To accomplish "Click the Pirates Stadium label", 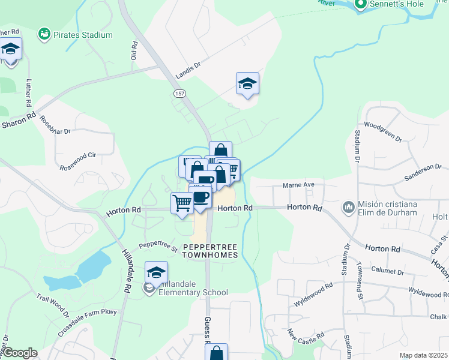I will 83,35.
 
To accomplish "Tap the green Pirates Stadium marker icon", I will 44,34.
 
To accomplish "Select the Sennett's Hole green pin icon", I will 361,5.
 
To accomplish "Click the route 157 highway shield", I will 179,94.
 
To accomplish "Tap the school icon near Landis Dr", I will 247,84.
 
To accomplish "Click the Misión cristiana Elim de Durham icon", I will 348,208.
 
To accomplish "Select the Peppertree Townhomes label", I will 211,251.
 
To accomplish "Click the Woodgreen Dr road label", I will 382,131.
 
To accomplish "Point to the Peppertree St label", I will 158,246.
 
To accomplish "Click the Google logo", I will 19,353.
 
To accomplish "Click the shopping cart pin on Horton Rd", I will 182,202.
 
